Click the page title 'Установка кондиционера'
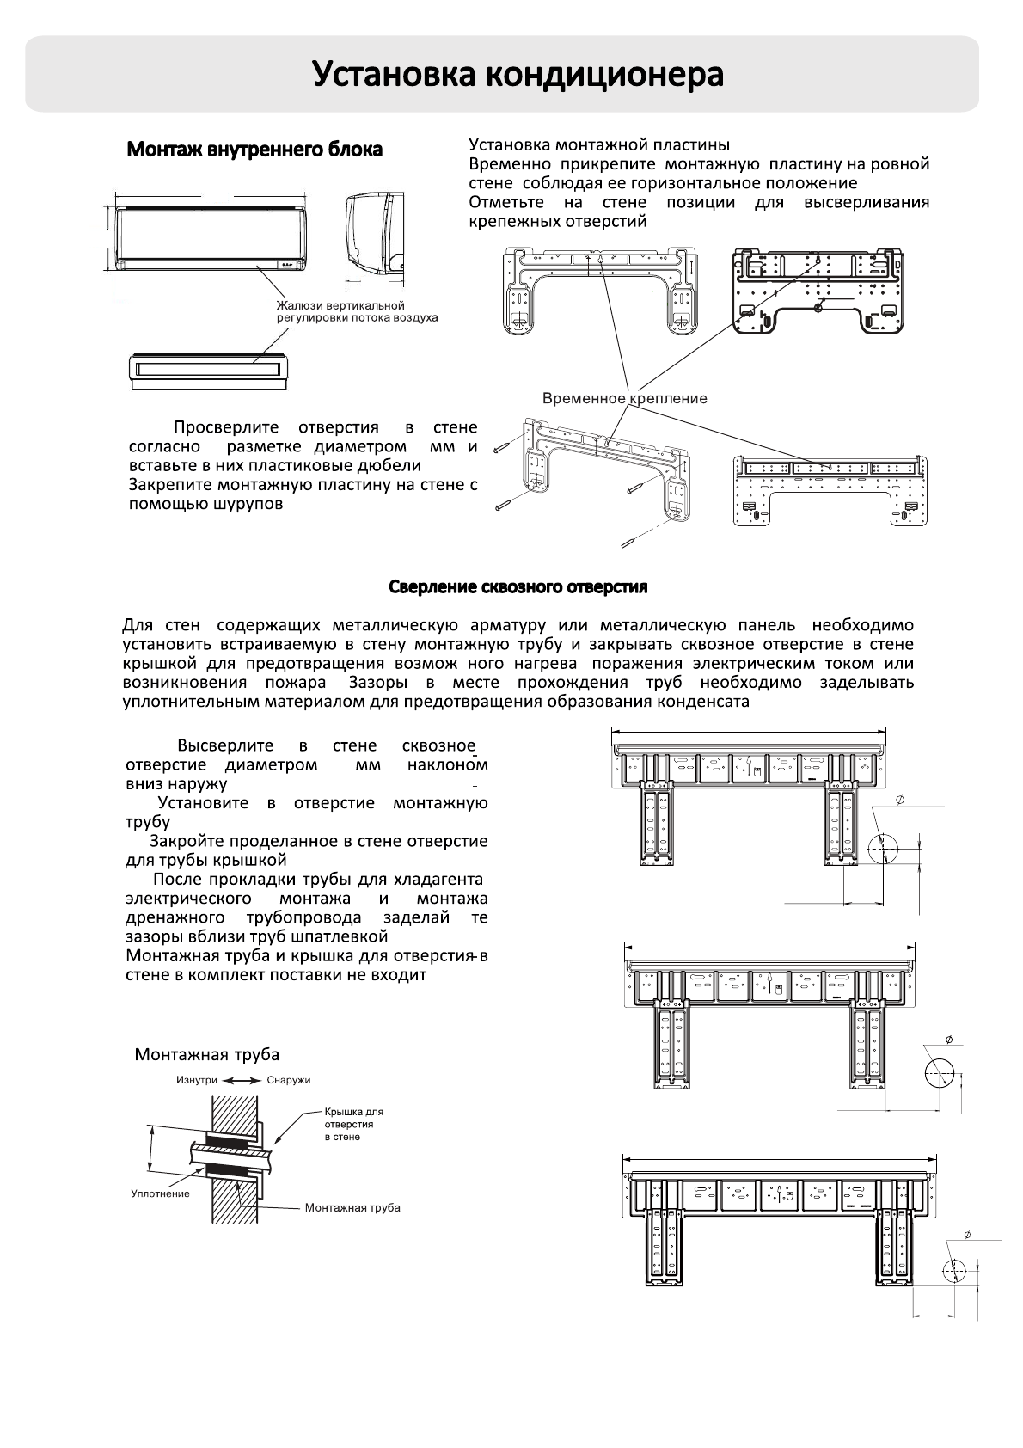[517, 75]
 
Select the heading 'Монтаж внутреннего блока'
[254, 150]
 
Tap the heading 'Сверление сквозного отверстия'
[518, 587]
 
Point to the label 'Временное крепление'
[624, 398]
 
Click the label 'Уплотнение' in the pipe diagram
[160, 1193]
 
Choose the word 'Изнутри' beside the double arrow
[197, 1080]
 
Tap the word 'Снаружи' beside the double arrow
[288, 1080]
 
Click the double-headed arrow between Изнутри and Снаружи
[242, 1080]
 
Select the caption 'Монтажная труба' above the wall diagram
[206, 1055]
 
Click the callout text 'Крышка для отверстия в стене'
[352, 1124]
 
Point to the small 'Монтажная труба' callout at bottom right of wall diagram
[352, 1208]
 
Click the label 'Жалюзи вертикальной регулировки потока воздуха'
[356, 311]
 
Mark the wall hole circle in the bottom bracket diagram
[954, 1272]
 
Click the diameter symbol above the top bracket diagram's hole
[899, 801]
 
